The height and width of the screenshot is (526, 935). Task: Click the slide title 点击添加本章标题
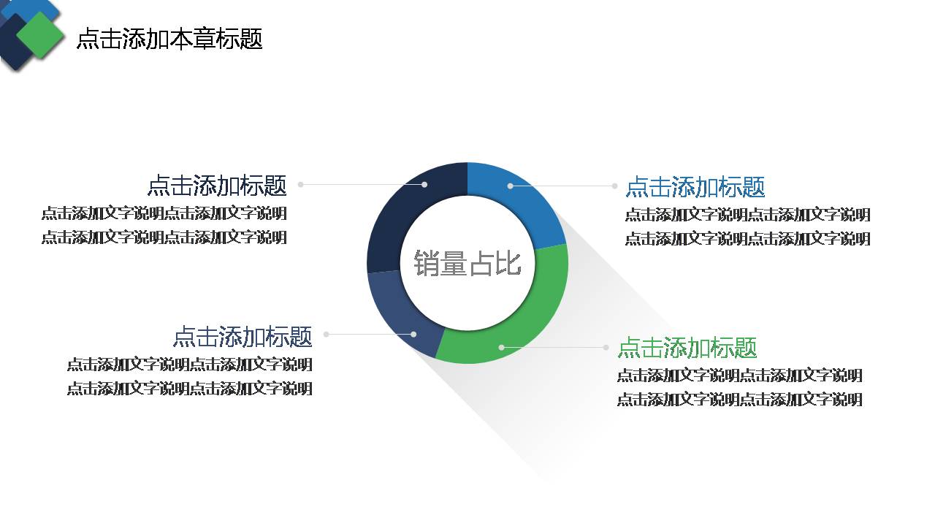pos(169,39)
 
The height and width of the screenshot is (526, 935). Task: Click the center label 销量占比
pos(467,264)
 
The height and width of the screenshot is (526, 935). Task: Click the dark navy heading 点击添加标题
pos(217,186)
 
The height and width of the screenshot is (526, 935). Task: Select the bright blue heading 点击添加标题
pos(695,187)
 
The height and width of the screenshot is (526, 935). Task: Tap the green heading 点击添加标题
pos(687,348)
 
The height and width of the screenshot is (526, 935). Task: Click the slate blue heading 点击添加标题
pos(243,337)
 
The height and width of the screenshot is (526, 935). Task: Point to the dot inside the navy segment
pos(424,184)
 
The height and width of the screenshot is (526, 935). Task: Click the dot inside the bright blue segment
pos(510,186)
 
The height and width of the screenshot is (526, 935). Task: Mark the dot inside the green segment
pos(501,347)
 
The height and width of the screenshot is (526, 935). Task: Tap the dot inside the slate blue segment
pos(413,334)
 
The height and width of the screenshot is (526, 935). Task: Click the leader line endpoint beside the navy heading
pos(300,184)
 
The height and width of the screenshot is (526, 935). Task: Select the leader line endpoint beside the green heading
pos(606,347)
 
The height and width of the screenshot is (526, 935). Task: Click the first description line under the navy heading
pos(164,213)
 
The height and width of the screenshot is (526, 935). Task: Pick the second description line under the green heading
pos(739,400)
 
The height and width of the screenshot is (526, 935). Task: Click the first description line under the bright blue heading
pos(747,215)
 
